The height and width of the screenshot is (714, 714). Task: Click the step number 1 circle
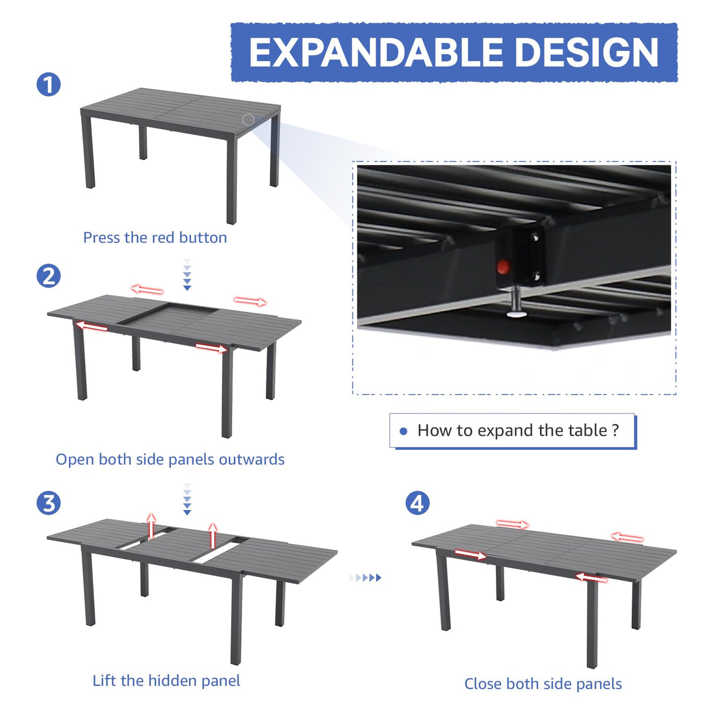(49, 85)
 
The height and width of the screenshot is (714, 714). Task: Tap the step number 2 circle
(49, 276)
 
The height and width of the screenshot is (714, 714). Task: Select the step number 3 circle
(49, 503)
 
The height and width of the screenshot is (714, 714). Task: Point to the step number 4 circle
(418, 503)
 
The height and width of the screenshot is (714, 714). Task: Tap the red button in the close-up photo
(502, 267)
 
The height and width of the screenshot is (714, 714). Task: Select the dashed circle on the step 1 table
(248, 120)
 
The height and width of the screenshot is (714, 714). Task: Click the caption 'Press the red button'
(155, 238)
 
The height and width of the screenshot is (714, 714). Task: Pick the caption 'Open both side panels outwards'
(170, 459)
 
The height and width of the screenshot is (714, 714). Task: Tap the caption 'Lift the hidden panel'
(166, 680)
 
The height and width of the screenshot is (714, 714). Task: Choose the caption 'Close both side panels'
(543, 683)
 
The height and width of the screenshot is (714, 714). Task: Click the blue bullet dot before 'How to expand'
(403, 431)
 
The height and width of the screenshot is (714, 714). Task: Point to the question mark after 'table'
(615, 431)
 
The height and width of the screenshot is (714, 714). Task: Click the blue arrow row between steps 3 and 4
(366, 578)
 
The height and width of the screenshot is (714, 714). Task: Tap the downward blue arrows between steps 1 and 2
(187, 275)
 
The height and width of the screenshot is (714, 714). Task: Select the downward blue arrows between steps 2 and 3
(187, 499)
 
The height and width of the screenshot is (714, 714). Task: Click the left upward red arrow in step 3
(151, 525)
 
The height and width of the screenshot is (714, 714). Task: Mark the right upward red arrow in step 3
(213, 535)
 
